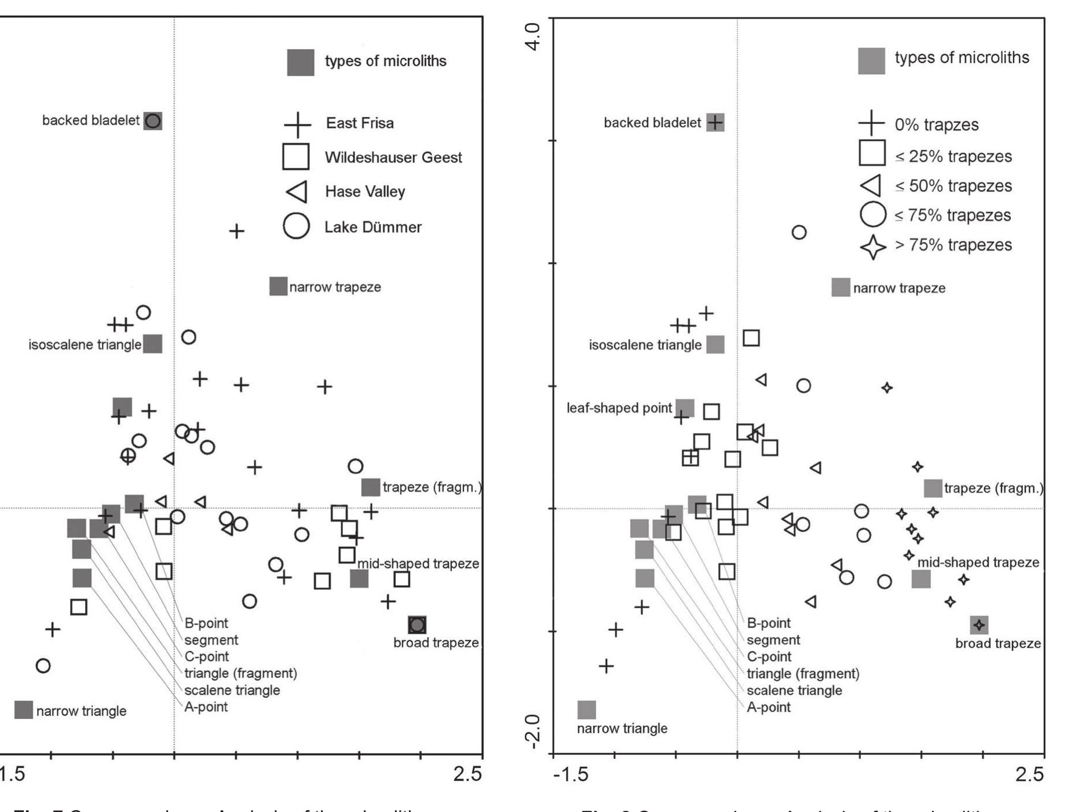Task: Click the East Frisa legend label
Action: click(360, 123)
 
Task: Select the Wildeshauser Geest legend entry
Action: click(393, 157)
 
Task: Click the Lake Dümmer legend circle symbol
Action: click(296, 226)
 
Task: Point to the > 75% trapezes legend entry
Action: click(953, 245)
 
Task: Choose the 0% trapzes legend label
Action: click(936, 125)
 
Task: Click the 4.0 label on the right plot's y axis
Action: click(532, 36)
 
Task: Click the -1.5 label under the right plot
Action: click(571, 774)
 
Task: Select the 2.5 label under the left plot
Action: click(467, 774)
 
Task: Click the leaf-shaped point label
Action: click(619, 408)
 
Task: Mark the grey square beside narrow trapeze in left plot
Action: click(279, 286)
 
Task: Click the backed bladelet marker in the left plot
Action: click(153, 120)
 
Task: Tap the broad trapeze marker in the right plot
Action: click(979, 625)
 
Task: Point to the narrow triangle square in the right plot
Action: click(587, 710)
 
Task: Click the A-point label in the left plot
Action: click(206, 707)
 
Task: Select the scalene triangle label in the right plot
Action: click(794, 690)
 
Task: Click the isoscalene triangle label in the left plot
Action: click(85, 345)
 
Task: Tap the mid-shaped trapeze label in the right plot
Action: click(978, 563)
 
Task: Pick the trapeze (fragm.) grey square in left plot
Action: click(371, 487)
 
